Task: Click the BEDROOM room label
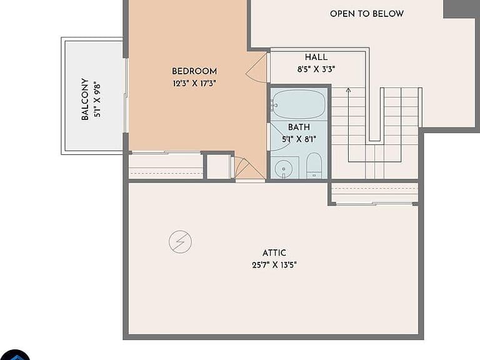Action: pyautogui.click(x=194, y=71)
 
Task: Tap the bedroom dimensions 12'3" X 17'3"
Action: pyautogui.click(x=194, y=83)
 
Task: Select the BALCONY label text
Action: pyautogui.click(x=85, y=99)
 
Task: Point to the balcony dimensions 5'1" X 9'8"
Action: pyautogui.click(x=97, y=99)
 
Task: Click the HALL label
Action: pyautogui.click(x=316, y=57)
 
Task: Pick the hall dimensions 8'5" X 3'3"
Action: pyautogui.click(x=316, y=69)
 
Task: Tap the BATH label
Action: pyautogui.click(x=299, y=127)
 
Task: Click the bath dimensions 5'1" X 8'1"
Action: pyautogui.click(x=299, y=139)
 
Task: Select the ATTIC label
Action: pyautogui.click(x=274, y=253)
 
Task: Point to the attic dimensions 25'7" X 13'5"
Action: pyautogui.click(x=274, y=265)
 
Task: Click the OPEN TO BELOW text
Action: pyautogui.click(x=367, y=14)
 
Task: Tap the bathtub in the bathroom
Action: pyautogui.click(x=299, y=104)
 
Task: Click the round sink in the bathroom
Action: pyautogui.click(x=284, y=169)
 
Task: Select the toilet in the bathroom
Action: pyautogui.click(x=314, y=166)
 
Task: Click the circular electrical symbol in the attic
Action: pyautogui.click(x=180, y=242)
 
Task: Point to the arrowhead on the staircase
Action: pyautogui.click(x=348, y=90)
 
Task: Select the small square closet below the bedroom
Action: pyautogui.click(x=219, y=167)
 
